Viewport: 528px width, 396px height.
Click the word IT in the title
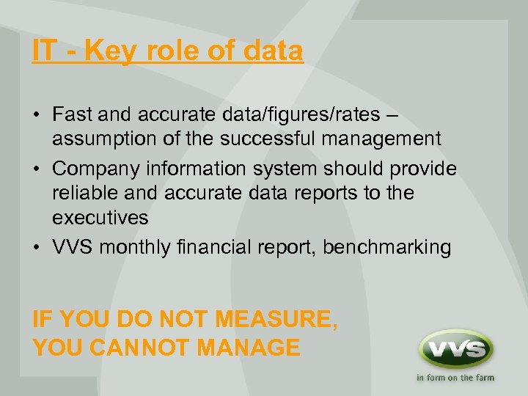click(x=43, y=51)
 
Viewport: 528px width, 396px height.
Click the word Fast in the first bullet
click(x=71, y=114)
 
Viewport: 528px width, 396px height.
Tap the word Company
click(x=100, y=169)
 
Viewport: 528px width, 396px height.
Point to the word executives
click(x=100, y=218)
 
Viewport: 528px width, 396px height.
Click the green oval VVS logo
click(x=455, y=350)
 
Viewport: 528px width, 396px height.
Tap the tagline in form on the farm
click(x=455, y=378)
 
